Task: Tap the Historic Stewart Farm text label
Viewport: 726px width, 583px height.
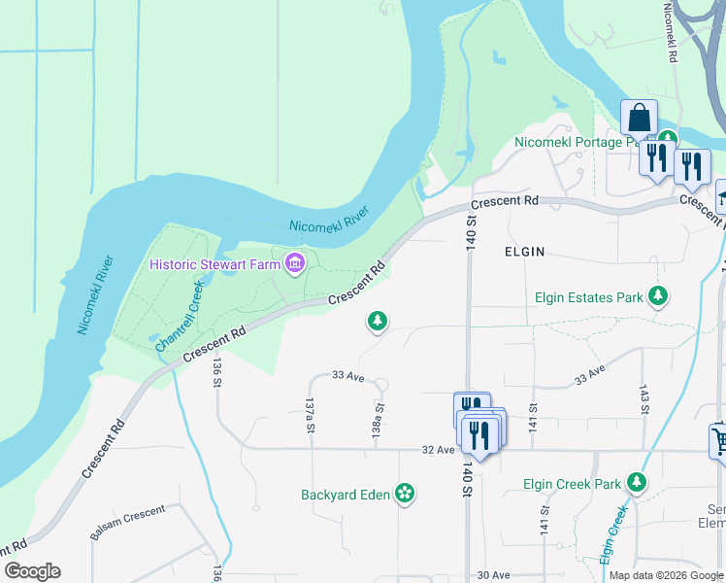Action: coord(214,263)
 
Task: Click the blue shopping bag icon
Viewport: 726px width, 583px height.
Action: coord(640,119)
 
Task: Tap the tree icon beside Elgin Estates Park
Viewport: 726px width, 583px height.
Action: coord(659,296)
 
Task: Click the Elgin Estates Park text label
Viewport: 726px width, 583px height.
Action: coord(589,297)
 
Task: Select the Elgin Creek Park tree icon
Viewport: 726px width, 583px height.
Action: coord(637,483)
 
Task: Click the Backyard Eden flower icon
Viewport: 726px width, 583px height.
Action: coord(405,495)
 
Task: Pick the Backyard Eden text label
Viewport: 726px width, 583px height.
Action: coord(345,495)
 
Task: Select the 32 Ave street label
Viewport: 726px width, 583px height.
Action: coord(438,450)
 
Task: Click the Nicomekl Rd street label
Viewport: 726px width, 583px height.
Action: coord(669,33)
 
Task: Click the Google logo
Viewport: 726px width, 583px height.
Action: coord(33,571)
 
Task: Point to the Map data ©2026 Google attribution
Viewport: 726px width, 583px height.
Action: coord(665,575)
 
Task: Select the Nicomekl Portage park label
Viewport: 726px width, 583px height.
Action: coord(580,143)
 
